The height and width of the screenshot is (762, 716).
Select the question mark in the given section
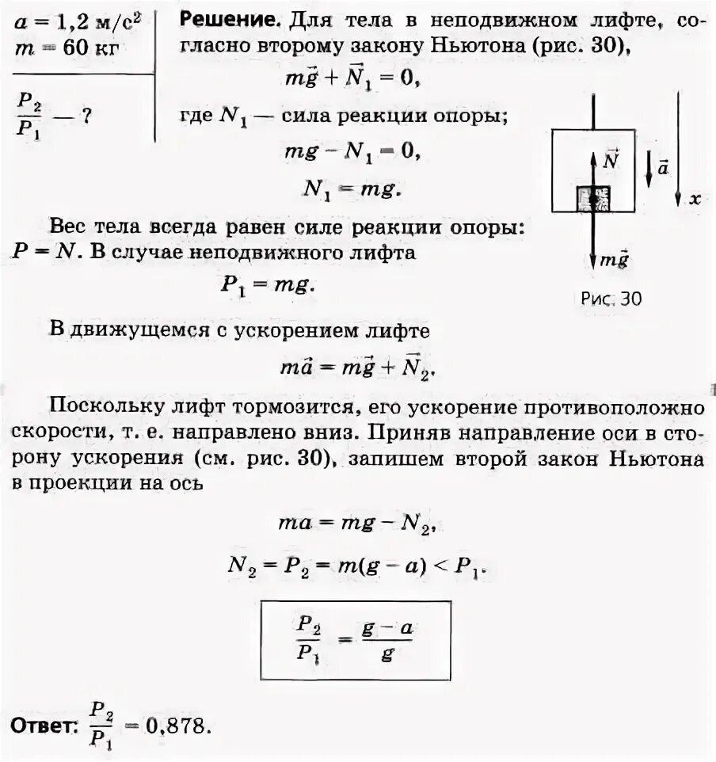click(x=86, y=116)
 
